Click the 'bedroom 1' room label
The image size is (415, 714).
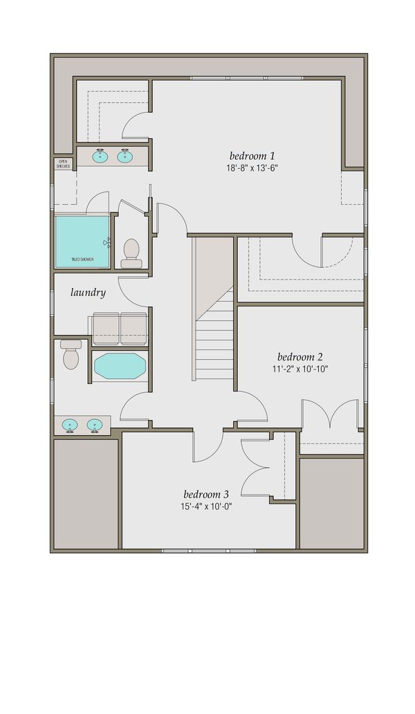tap(252, 155)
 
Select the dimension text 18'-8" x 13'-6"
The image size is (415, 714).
tap(252, 167)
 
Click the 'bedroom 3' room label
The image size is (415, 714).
tap(206, 494)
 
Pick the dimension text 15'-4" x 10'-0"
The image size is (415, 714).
tap(206, 506)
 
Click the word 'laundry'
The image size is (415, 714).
tap(88, 293)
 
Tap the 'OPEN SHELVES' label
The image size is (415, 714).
tap(63, 164)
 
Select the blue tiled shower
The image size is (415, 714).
tap(82, 241)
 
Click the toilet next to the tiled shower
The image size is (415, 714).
tap(131, 253)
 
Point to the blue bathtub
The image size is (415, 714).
tap(119, 366)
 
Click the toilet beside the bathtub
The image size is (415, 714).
tap(71, 354)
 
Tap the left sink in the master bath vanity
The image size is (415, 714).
tap(100, 156)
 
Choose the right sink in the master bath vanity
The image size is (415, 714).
tap(125, 156)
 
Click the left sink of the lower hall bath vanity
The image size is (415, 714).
tap(70, 424)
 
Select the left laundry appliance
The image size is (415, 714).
tap(106, 328)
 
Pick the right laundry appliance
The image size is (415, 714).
tap(133, 328)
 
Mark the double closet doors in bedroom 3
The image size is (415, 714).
tap(257, 468)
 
